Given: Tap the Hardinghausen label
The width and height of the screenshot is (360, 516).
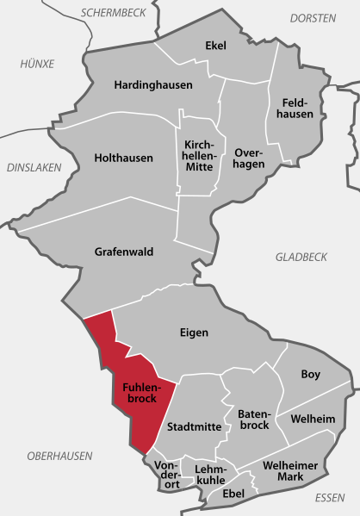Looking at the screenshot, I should click(153, 85).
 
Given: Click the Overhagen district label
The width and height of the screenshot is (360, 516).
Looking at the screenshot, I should click(250, 159).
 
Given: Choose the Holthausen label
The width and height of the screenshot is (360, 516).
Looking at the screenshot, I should click(123, 159).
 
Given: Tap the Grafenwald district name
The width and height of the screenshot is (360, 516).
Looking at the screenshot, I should click(123, 252).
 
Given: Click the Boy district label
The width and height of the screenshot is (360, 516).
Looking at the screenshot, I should click(310, 374).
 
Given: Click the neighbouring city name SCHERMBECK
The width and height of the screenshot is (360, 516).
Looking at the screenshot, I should click(113, 13).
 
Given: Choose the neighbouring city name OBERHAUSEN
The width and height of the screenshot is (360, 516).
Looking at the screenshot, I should click(59, 456).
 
